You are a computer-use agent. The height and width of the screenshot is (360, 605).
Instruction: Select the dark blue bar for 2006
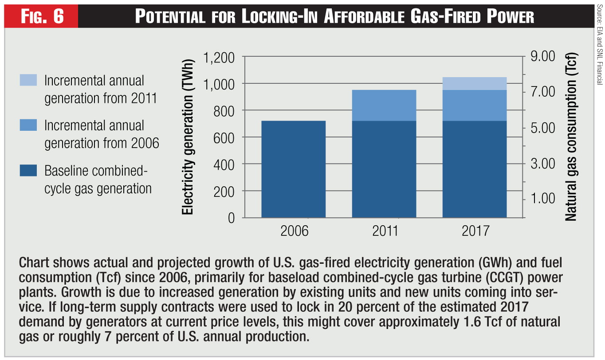pyautogui.click(x=294, y=169)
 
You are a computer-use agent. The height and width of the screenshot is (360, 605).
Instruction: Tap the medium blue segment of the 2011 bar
pyautogui.click(x=384, y=105)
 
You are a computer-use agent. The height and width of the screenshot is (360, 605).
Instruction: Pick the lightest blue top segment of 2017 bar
pyautogui.click(x=475, y=83)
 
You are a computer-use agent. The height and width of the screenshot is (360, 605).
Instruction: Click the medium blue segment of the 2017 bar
pyautogui.click(x=475, y=105)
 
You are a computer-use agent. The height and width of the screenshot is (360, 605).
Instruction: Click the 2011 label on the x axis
pyautogui.click(x=384, y=231)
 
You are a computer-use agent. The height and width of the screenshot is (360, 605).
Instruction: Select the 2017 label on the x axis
pyautogui.click(x=475, y=231)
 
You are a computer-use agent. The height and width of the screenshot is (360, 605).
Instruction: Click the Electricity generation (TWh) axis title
pyautogui.click(x=188, y=137)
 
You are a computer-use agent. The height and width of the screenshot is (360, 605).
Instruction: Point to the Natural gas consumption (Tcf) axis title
pyautogui.click(x=571, y=137)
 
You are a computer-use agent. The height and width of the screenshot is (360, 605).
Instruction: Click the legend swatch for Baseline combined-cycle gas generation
pyautogui.click(x=28, y=171)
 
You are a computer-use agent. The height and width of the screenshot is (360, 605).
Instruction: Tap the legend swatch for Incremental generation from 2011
pyautogui.click(x=28, y=80)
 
